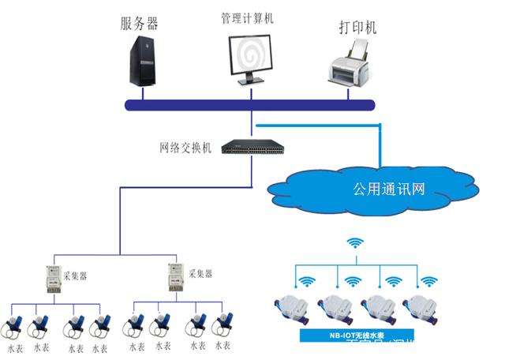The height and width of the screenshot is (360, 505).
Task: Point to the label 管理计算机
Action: (x=246, y=17)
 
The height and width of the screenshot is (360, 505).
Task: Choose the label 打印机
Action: (x=353, y=28)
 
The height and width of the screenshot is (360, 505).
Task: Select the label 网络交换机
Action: (x=185, y=148)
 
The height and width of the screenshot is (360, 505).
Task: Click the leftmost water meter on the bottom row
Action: (x=17, y=325)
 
